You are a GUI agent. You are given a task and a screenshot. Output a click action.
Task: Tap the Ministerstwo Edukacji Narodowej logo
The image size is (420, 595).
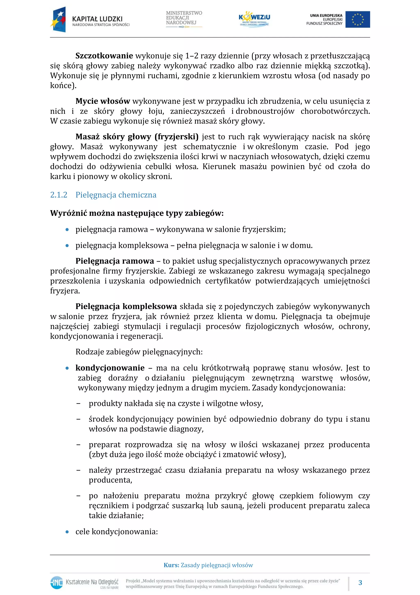tap(184, 19)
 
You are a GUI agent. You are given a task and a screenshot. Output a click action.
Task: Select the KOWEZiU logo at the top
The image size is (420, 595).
tap(254, 19)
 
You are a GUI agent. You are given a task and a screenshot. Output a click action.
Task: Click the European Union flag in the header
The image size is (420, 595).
tap(357, 20)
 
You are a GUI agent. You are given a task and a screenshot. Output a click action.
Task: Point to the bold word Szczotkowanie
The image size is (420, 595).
tap(104, 56)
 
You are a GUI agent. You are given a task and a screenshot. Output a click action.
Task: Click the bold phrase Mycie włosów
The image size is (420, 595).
tap(103, 101)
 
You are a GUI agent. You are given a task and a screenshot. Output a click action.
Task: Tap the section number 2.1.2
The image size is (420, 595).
tap(58, 195)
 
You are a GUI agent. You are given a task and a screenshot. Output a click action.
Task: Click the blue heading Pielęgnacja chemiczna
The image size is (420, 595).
tap(116, 195)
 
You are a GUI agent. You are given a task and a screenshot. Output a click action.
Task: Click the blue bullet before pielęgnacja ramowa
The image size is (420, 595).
tap(67, 230)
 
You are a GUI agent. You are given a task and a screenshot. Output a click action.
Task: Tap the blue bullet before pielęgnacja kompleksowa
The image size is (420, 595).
tap(67, 245)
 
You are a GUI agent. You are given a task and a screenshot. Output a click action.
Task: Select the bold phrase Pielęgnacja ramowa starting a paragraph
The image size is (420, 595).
tap(114, 261)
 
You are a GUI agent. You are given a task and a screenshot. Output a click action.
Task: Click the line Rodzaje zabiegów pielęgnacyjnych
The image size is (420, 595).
tap(139, 352)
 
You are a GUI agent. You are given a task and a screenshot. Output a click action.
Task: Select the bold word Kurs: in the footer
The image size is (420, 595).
tap(171, 565)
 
